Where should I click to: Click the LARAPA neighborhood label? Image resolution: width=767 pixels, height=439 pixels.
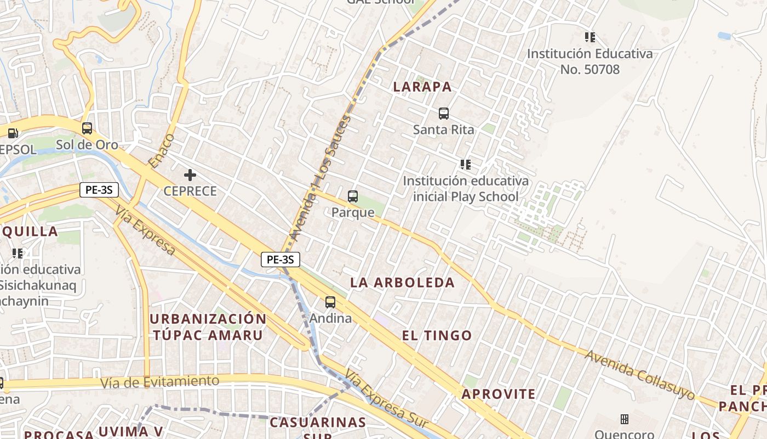(x=422, y=87)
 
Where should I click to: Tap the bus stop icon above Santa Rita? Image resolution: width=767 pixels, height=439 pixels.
(x=444, y=114)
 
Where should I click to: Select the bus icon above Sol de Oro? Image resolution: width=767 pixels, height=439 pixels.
(x=87, y=128)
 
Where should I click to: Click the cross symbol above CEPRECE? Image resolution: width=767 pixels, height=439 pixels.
(x=190, y=175)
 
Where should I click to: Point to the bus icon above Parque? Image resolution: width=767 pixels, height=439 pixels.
(x=353, y=196)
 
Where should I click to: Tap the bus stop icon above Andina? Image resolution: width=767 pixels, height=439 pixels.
(x=330, y=302)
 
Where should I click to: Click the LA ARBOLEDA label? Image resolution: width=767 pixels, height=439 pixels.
(x=403, y=283)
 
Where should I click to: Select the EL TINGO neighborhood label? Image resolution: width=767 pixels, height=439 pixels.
(x=437, y=335)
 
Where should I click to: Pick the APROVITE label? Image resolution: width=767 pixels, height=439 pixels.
(x=499, y=394)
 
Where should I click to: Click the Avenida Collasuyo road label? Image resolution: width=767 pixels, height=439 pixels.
(x=639, y=375)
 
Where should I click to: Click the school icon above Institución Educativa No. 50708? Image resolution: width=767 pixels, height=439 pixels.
(x=590, y=37)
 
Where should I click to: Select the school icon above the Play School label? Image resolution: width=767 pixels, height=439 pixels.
(x=466, y=165)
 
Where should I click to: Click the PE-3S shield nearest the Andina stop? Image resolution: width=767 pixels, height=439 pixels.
(x=280, y=260)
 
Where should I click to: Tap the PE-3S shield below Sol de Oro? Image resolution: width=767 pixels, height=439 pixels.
(x=99, y=190)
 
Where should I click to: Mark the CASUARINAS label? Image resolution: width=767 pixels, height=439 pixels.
(x=318, y=422)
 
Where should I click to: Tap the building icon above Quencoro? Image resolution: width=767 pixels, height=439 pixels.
(x=624, y=419)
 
